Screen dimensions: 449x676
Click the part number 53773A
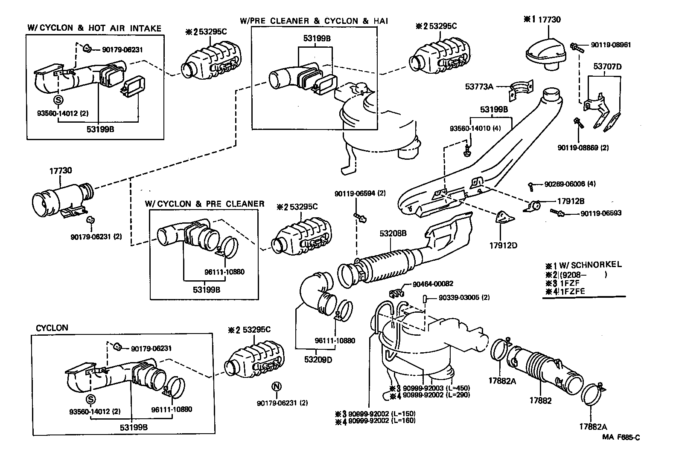point(479,87)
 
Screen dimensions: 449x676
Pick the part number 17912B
point(571,201)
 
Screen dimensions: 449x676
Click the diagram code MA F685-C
point(621,437)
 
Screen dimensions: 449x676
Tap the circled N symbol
point(277,386)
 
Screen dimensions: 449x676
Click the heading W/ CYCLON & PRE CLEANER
point(204,204)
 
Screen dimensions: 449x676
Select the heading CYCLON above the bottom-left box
point(52,328)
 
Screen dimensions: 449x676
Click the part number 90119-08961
point(611,45)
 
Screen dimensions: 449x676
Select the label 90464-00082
point(433,284)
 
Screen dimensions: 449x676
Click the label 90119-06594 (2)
point(360,193)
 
